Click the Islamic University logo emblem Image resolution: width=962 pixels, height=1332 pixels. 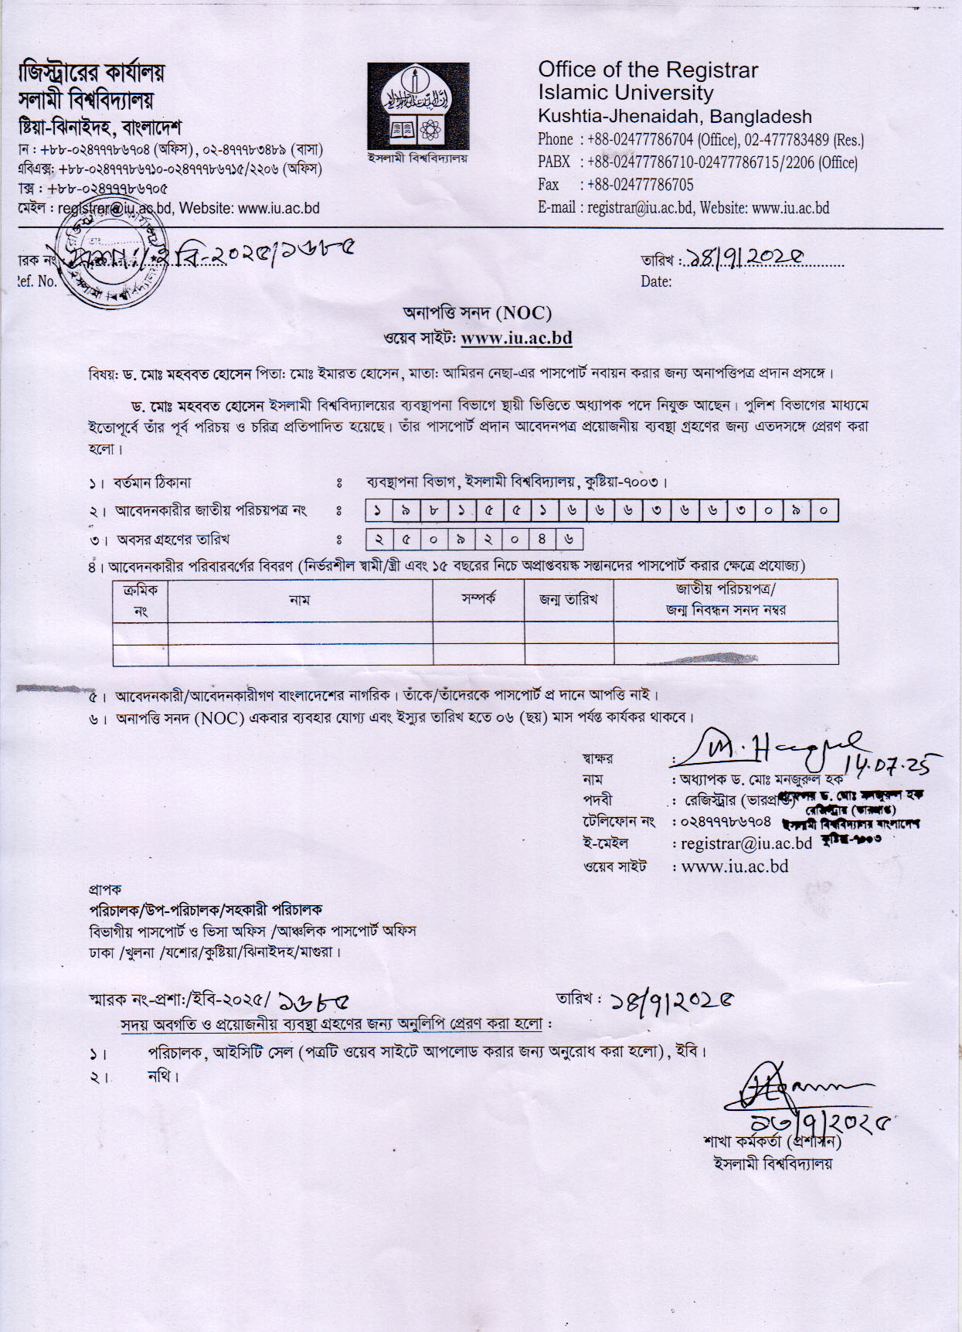pos(418,106)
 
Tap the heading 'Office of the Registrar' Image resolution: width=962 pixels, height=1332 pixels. pos(648,70)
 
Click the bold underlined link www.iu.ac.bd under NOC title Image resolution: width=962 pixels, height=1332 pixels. pos(516,338)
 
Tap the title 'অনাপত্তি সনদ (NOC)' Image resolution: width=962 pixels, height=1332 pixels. pos(477,312)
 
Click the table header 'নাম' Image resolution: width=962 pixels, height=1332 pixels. pos(300,600)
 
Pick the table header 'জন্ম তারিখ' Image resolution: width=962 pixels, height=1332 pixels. pos(569,599)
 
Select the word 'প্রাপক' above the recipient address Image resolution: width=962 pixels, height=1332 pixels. pos(105,889)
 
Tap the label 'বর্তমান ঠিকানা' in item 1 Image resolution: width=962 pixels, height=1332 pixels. pos(152,483)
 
